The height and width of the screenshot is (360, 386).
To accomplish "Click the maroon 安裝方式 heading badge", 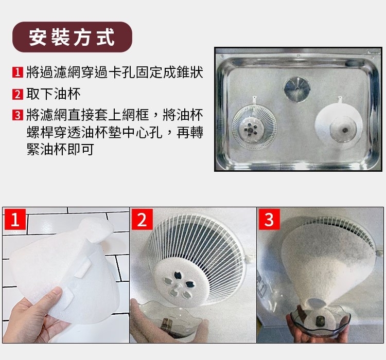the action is [72, 37].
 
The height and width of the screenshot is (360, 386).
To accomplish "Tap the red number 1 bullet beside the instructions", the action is [17, 73].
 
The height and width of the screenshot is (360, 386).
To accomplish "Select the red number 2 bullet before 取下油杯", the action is [17, 94].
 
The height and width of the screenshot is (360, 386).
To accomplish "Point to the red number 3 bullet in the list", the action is [17, 115].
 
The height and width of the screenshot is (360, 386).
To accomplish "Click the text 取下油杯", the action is [54, 94].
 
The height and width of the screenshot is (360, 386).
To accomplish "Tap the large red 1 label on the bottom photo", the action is [15, 219].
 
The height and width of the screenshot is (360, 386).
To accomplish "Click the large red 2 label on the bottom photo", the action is [142, 219].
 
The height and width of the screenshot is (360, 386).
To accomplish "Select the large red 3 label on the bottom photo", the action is [269, 219].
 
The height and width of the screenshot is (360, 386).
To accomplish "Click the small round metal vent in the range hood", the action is [297, 89].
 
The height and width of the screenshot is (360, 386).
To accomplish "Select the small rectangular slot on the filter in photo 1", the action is [82, 269].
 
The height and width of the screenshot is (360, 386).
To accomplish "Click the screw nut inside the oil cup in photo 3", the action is [321, 320].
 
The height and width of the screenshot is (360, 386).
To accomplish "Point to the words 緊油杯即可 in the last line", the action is [60, 149].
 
